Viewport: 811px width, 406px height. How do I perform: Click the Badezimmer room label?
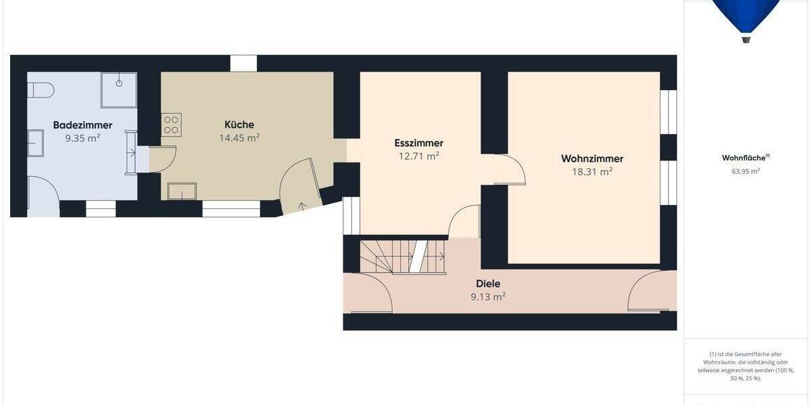82,125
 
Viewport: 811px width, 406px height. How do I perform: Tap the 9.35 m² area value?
82,138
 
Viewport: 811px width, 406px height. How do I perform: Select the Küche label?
239,125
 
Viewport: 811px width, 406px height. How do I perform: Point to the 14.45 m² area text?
239,137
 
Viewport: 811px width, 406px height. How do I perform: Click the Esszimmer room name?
419,143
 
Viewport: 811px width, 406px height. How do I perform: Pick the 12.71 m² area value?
419,156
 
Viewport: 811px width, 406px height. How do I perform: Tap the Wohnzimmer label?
592,159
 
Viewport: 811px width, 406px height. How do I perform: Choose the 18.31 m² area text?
592,172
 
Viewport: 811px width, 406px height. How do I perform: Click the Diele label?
488,284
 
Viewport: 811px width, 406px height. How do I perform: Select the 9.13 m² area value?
488,296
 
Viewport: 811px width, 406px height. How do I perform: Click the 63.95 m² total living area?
745,171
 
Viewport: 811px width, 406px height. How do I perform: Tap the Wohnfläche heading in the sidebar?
744,158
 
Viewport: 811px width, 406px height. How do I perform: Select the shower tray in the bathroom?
119,90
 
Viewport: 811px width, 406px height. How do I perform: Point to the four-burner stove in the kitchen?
171,125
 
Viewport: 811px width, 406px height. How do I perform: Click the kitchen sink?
180,191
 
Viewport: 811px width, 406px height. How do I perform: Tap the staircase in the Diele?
402,256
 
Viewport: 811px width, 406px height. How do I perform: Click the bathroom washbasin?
35,144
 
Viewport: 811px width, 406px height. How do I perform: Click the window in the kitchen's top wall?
243,64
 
